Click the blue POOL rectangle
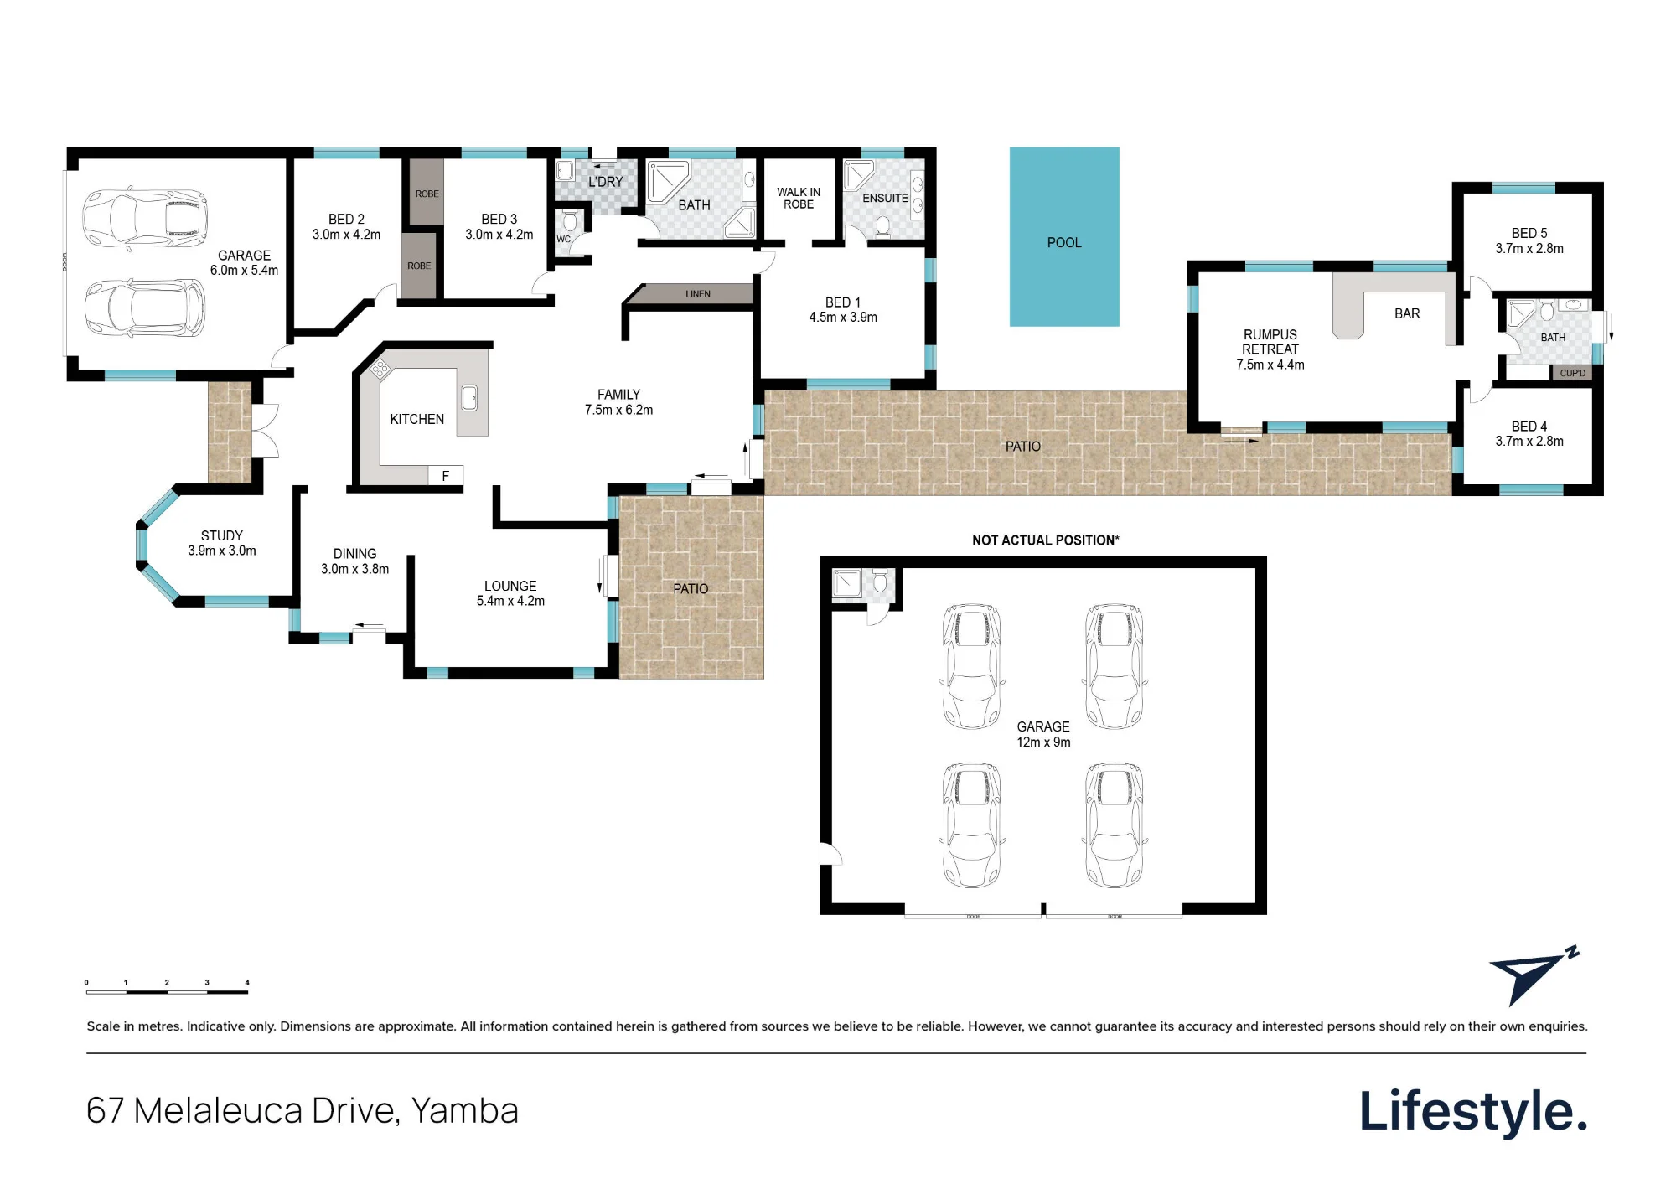click(x=1064, y=237)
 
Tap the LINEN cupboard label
click(x=698, y=294)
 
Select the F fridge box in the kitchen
click(x=446, y=476)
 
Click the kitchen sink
click(x=470, y=399)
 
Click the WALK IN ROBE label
click(x=799, y=198)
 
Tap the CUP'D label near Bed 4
click(x=1572, y=373)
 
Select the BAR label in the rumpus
click(x=1407, y=313)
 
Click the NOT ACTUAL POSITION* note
click(x=1045, y=540)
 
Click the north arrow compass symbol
click(x=1533, y=976)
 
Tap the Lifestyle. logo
click(x=1473, y=1112)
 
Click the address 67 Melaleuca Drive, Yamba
click(x=303, y=1111)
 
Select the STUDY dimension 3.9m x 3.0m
click(x=222, y=551)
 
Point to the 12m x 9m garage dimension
click(x=1043, y=742)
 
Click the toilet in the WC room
click(x=570, y=223)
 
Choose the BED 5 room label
click(x=1529, y=233)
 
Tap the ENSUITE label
click(x=885, y=198)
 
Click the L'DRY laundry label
click(x=606, y=182)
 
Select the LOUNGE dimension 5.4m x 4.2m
click(x=510, y=601)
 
